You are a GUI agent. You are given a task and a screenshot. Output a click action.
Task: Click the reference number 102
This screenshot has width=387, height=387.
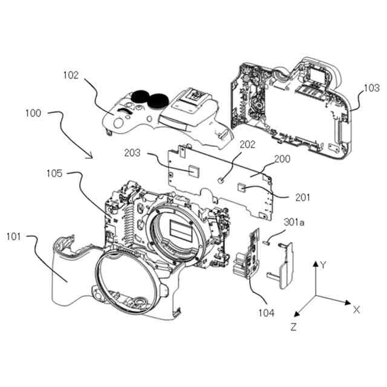pos(71,76)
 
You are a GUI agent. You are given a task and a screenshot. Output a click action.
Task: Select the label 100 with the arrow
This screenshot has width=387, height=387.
pos(34,113)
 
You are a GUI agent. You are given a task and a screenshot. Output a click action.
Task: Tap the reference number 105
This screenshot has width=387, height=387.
pos(54,175)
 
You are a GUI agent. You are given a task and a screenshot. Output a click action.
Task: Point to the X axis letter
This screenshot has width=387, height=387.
pos(356,310)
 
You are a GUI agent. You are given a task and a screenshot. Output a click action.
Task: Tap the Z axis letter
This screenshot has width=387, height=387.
pos(293,327)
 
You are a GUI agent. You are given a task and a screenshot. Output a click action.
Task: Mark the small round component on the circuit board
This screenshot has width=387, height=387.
pos(223,180)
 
